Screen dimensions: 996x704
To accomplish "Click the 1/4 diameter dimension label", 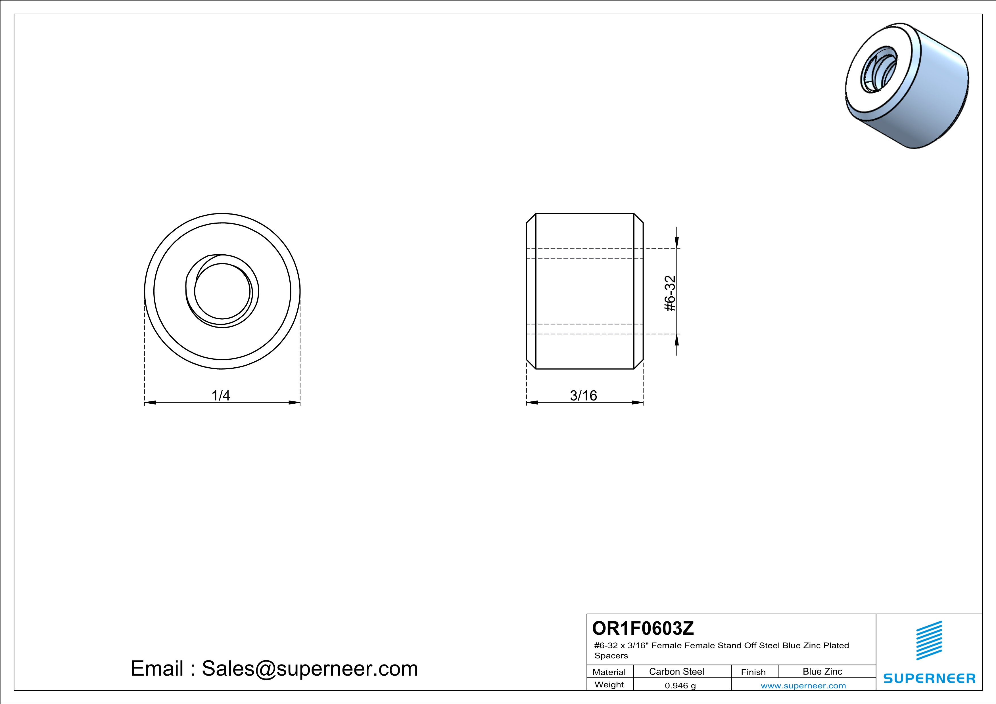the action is (220, 395).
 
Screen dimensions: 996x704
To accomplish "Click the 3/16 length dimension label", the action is (583, 395).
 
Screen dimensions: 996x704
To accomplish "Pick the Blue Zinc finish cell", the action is (822, 671).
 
